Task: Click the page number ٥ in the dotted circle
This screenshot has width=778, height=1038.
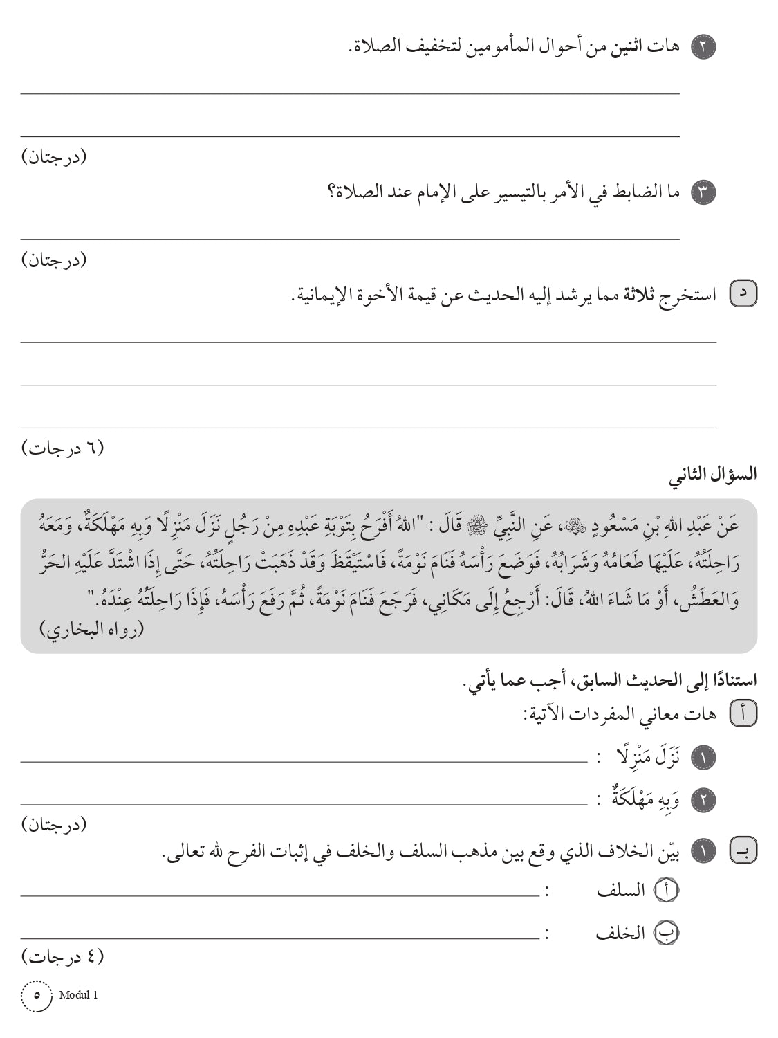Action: pos(37,996)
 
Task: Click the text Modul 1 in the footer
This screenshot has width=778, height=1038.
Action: pos(79,995)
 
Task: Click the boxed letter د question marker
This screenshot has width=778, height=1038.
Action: pos(743,295)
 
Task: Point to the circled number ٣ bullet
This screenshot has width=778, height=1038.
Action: pos(703,192)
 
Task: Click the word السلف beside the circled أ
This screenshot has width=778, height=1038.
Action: pos(620,891)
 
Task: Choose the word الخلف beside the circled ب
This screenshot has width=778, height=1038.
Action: pos(620,934)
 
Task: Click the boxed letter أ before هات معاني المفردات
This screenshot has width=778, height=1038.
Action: pos(743,714)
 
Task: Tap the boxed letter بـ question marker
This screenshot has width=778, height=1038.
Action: pos(743,850)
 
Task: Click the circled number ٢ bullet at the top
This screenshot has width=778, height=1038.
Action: pos(703,47)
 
